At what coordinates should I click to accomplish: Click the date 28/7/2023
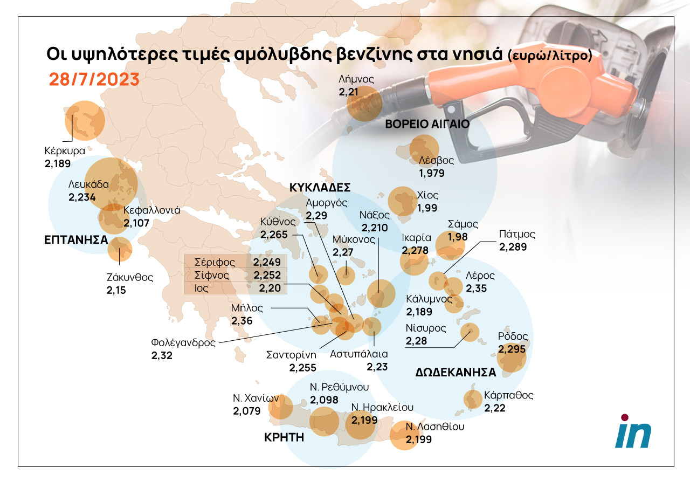click(x=94, y=79)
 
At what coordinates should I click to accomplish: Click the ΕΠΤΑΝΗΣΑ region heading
click(x=76, y=240)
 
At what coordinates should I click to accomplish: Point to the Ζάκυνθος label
click(x=129, y=278)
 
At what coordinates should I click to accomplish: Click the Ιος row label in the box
click(x=202, y=288)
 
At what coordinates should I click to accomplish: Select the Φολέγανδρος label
click(x=183, y=342)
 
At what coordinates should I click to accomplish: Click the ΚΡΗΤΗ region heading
click(x=284, y=437)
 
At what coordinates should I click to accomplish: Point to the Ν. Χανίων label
click(x=256, y=398)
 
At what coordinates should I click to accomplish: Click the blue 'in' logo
click(x=633, y=431)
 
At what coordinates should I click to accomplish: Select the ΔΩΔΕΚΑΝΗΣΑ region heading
click(x=456, y=372)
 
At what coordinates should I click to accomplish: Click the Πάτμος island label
click(x=517, y=235)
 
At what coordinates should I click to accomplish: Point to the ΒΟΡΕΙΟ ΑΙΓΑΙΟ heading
click(x=427, y=124)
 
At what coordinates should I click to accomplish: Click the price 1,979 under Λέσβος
click(x=432, y=173)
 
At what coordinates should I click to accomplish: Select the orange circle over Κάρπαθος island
click(x=473, y=400)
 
